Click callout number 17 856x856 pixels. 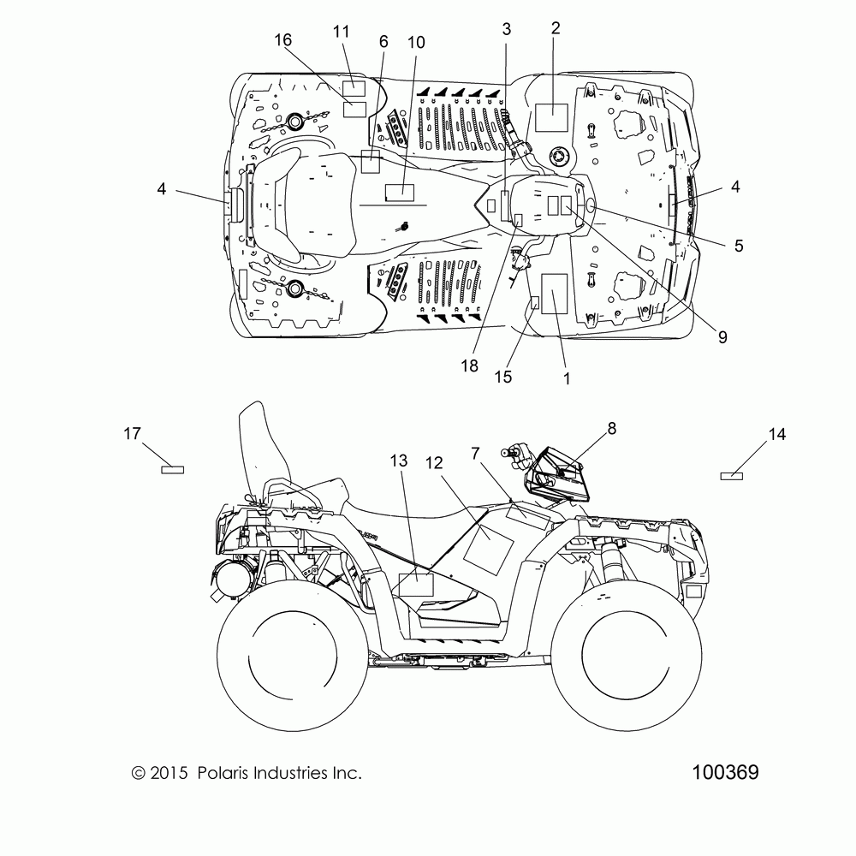pyautogui.click(x=132, y=433)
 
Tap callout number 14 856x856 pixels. pyautogui.click(x=777, y=434)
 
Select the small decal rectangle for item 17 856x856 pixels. pyautogui.click(x=173, y=469)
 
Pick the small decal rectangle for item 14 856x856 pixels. pyautogui.click(x=732, y=476)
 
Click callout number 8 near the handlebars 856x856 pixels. pyautogui.click(x=611, y=429)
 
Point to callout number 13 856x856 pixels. pyautogui.click(x=399, y=461)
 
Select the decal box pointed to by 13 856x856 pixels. pyautogui.click(x=416, y=585)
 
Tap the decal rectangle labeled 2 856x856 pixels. pyautogui.click(x=551, y=117)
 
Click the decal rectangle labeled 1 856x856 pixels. pyautogui.click(x=554, y=294)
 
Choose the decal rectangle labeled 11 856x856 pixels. pyautogui.click(x=354, y=88)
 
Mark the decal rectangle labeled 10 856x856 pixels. pyautogui.click(x=400, y=193)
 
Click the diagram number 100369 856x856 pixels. pyautogui.click(x=725, y=772)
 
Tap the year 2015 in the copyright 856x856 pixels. pyautogui.click(x=169, y=773)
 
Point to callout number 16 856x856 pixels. pyautogui.click(x=282, y=40)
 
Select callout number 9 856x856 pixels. pyautogui.click(x=722, y=336)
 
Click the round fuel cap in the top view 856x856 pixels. pyautogui.click(x=558, y=157)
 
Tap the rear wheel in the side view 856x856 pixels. pyautogui.click(x=293, y=655)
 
